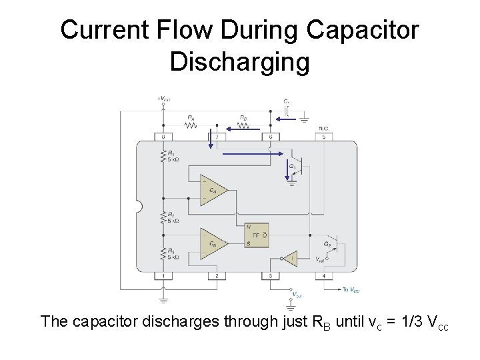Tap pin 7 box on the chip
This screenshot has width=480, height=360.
click(x=217, y=137)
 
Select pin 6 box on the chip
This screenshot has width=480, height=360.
click(x=270, y=137)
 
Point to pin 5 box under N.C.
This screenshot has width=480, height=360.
click(x=323, y=137)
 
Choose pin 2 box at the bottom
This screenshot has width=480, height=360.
click(x=217, y=276)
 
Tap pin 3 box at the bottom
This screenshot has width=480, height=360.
click(x=270, y=276)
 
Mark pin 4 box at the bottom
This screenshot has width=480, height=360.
click(x=323, y=276)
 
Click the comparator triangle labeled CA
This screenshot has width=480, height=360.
click(x=213, y=190)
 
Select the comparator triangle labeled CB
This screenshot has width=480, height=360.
click(x=213, y=244)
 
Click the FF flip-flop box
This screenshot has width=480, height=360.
click(x=257, y=235)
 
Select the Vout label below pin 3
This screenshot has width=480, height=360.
click(x=297, y=294)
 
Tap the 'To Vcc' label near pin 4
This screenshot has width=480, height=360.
click(x=351, y=289)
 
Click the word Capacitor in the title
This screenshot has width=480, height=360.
click(x=363, y=30)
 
